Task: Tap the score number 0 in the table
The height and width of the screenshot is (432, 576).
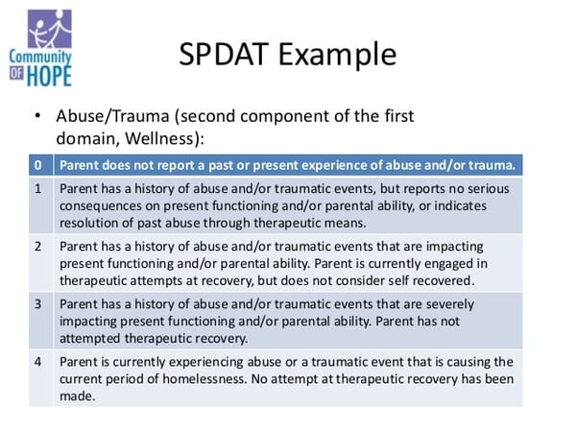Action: pyautogui.click(x=37, y=165)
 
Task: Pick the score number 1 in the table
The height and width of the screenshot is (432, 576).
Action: pyautogui.click(x=37, y=189)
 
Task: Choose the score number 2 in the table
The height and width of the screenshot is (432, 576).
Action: pyautogui.click(x=37, y=247)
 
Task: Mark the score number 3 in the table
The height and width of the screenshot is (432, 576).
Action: pyautogui.click(x=37, y=304)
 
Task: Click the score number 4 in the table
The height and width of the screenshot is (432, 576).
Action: pyautogui.click(x=37, y=362)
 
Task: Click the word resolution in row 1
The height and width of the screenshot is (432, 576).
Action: pyautogui.click(x=93, y=224)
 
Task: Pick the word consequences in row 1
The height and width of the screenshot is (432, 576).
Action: pyautogui.click(x=102, y=206)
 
